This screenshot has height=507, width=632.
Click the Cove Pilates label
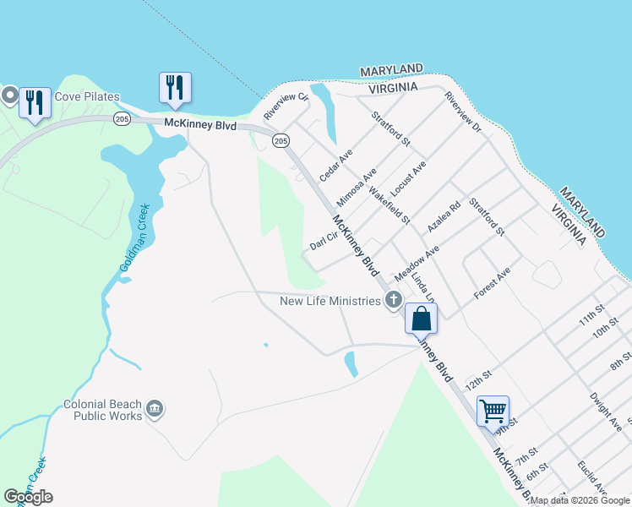click(x=87, y=97)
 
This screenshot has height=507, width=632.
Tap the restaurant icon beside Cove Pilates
click(x=35, y=103)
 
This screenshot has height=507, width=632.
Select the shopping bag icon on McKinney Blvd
click(x=421, y=319)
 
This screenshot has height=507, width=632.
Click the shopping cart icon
click(x=493, y=412)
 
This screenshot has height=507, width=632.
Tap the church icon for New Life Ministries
click(x=393, y=300)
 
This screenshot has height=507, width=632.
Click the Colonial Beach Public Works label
click(x=103, y=410)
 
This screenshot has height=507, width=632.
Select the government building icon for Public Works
click(x=155, y=410)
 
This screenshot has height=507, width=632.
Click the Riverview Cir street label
click(x=286, y=106)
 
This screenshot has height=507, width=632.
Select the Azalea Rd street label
click(x=444, y=217)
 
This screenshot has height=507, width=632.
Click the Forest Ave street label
click(x=493, y=283)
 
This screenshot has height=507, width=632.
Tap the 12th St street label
click(x=478, y=373)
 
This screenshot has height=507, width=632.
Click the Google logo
click(x=29, y=496)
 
